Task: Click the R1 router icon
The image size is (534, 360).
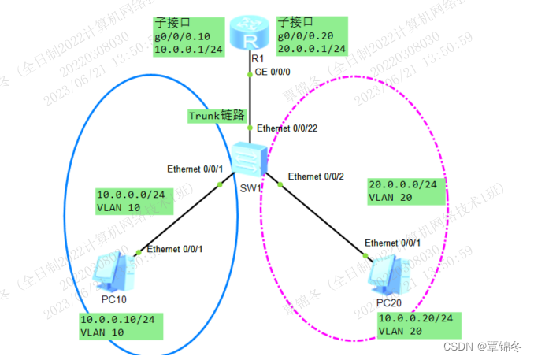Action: tap(251, 32)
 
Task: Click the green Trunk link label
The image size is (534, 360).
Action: tap(214, 115)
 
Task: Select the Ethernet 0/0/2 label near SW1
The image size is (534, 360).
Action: tap(315, 176)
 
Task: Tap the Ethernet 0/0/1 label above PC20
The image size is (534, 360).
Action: tap(391, 243)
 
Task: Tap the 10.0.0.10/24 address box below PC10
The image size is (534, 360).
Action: tap(121, 325)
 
